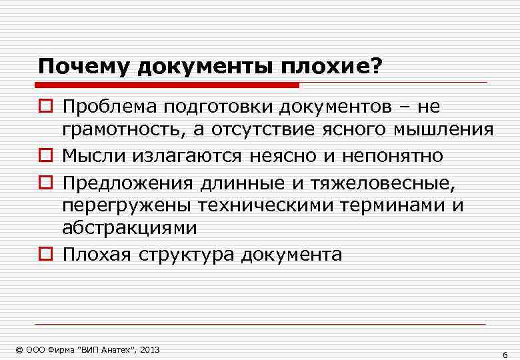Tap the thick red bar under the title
(167, 85)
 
